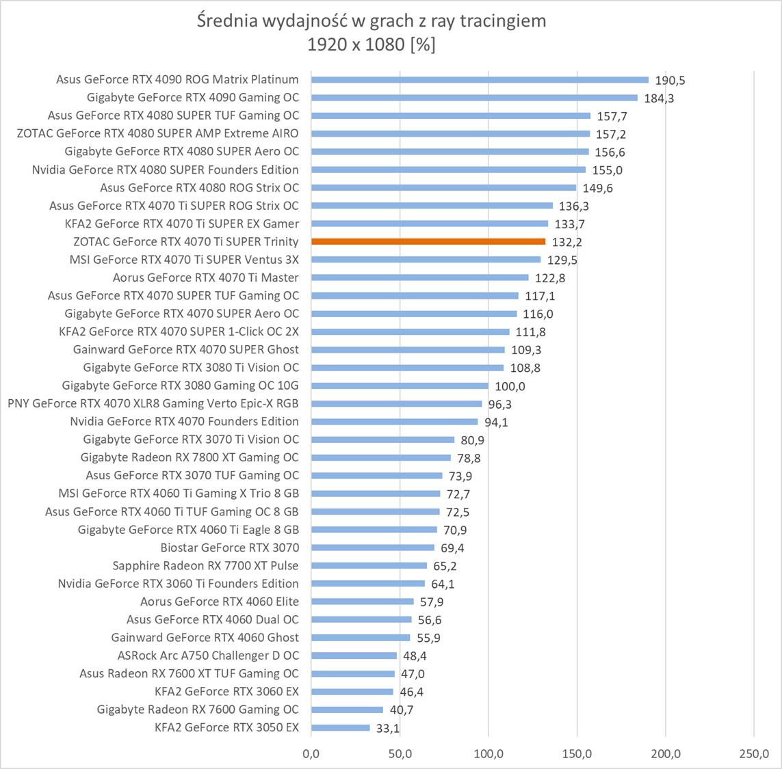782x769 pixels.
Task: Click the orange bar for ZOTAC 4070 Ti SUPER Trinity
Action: click(428, 241)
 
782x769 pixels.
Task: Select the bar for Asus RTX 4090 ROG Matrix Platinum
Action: click(479, 80)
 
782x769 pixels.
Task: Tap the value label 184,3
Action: click(659, 98)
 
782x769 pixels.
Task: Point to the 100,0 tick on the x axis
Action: click(488, 754)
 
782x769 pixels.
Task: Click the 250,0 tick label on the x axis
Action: click(753, 754)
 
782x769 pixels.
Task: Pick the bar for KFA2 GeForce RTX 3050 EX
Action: click(340, 727)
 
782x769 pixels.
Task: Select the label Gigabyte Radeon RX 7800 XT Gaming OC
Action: click(190, 457)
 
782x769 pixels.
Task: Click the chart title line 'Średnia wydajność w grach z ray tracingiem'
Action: click(371, 21)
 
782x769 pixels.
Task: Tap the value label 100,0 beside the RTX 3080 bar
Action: click(510, 386)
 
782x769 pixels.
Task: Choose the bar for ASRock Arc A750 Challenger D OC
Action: click(354, 656)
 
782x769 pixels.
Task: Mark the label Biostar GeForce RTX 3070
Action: click(229, 548)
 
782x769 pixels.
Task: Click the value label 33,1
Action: click(388, 728)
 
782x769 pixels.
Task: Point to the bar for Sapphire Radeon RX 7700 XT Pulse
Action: click(369, 565)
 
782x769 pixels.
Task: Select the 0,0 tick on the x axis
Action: click(311, 754)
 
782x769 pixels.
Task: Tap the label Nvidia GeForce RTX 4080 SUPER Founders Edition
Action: click(165, 170)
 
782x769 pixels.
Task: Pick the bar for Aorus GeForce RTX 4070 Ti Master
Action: click(419, 278)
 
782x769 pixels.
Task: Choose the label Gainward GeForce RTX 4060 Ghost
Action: click(205, 638)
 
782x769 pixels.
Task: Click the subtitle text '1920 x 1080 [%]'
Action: click(371, 44)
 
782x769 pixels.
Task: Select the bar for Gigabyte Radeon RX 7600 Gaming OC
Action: click(347, 710)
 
